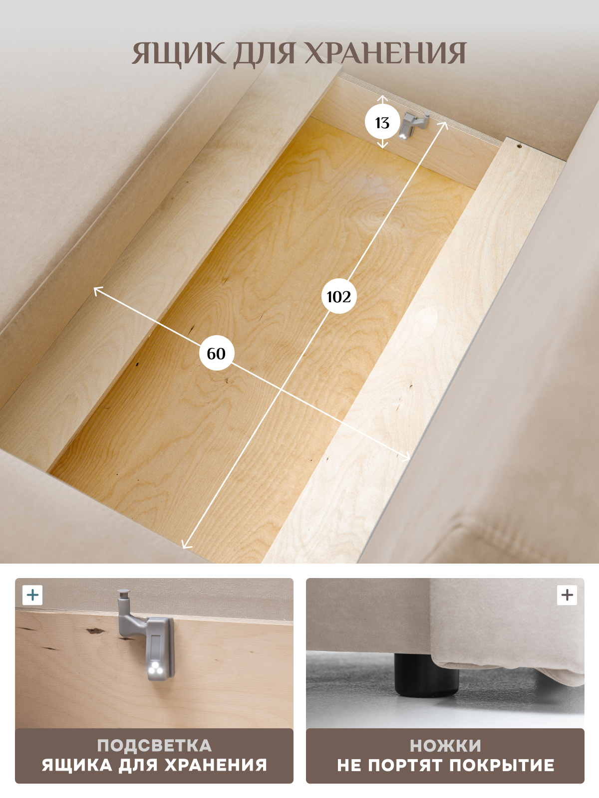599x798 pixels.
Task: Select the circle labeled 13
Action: (382, 123)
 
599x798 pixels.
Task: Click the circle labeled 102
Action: (339, 297)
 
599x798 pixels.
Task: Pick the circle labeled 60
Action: (217, 354)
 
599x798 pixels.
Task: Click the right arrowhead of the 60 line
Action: (407, 458)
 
